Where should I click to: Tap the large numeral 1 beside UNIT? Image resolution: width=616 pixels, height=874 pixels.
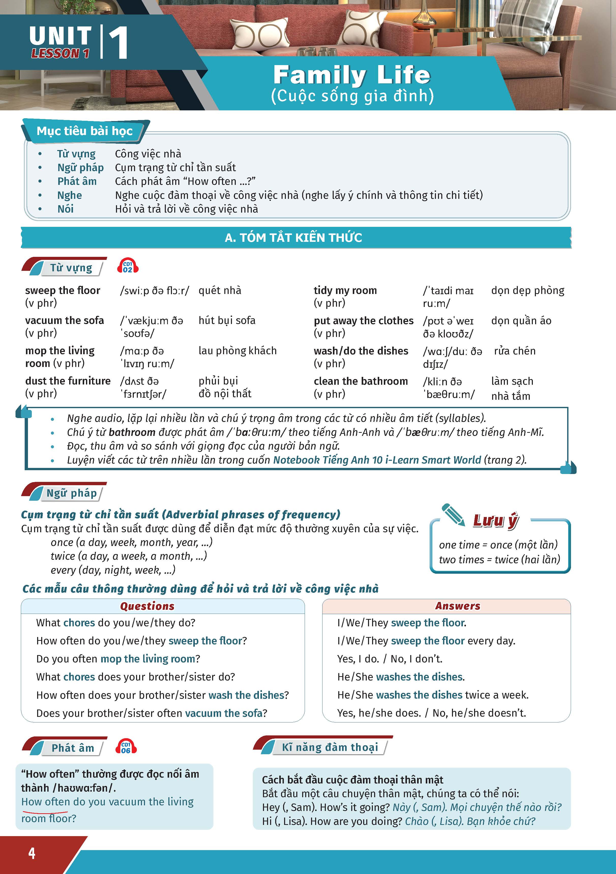tap(118, 43)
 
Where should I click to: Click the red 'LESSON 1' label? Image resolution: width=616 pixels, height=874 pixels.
tap(60, 54)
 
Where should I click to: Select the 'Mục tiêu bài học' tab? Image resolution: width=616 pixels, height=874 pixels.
tap(84, 131)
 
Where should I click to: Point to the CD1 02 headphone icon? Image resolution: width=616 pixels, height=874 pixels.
tap(127, 266)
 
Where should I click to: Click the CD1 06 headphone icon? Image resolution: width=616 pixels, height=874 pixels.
tap(126, 747)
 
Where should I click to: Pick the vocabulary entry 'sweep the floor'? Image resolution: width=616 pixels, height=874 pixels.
tap(62, 290)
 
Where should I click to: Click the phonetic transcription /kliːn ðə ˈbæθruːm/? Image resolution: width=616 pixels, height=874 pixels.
tap(448, 388)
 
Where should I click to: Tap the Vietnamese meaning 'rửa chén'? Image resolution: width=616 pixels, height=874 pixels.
tap(515, 351)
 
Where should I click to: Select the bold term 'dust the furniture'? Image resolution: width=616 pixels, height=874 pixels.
tap(68, 381)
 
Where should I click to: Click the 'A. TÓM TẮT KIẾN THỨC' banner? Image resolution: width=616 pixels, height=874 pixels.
tap(293, 238)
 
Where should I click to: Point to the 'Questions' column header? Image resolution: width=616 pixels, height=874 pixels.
tap(147, 606)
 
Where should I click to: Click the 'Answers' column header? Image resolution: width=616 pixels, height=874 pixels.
tap(458, 606)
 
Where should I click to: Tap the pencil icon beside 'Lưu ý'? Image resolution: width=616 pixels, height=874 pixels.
tap(453, 515)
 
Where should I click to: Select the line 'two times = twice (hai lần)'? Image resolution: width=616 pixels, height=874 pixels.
tap(499, 559)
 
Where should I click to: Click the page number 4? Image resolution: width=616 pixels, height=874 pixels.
tap(32, 853)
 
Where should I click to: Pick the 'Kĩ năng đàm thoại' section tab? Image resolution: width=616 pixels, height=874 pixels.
tap(329, 747)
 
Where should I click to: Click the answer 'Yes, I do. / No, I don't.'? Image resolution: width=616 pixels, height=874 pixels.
tap(389, 659)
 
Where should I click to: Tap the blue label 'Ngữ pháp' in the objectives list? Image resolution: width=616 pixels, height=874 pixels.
tap(80, 168)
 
